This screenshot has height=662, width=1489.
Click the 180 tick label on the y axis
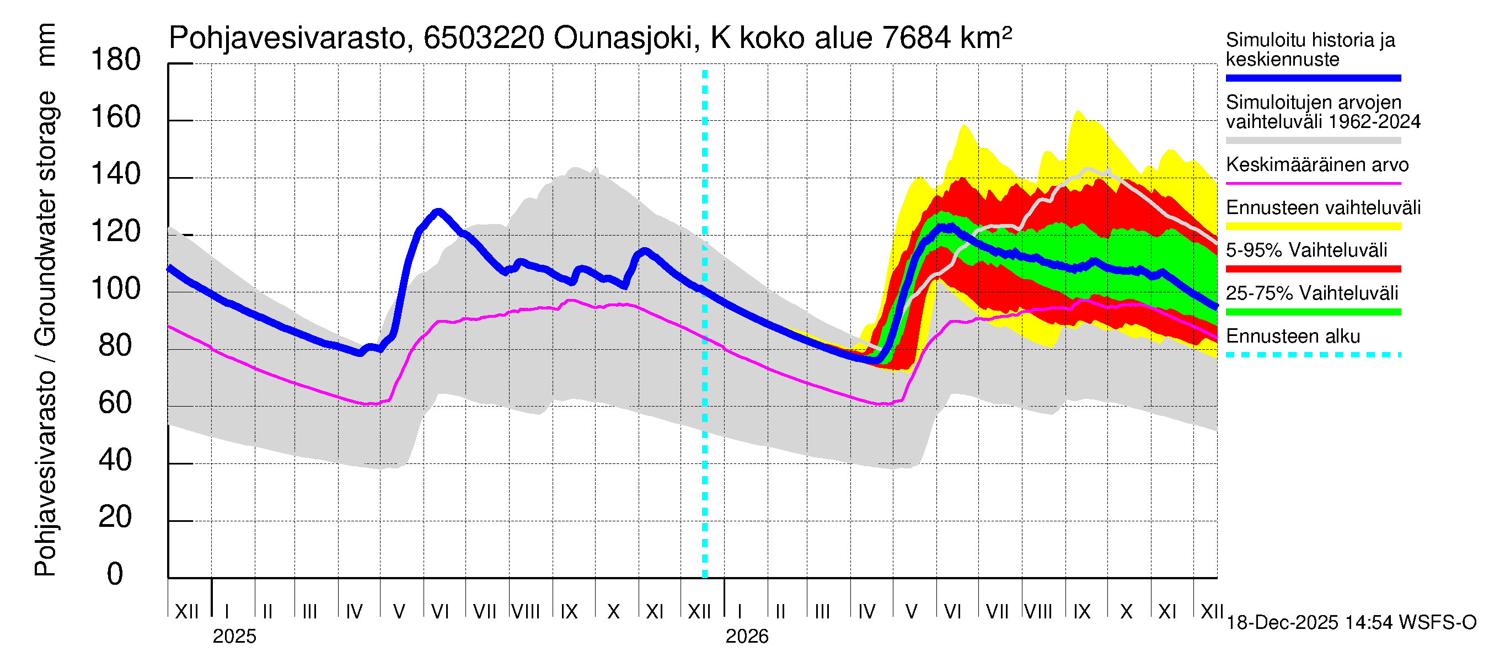tap(116, 60)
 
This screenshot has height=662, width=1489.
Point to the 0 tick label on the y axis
tap(115, 574)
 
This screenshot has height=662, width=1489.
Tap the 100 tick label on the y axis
tap(116, 288)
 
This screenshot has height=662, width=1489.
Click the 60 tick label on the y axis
tap(116, 402)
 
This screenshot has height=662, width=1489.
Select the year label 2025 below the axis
tap(234, 637)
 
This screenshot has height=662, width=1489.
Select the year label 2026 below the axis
tap(747, 637)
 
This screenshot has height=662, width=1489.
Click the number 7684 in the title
tap(916, 39)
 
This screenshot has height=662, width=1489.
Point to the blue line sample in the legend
tap(1313, 78)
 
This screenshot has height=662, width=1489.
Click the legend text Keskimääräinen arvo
tap(1317, 165)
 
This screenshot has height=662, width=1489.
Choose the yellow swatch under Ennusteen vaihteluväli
tap(1313, 226)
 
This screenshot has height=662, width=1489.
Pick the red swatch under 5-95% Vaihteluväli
tap(1313, 269)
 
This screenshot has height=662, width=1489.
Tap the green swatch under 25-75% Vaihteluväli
tap(1313, 312)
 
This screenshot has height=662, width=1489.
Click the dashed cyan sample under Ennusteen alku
tap(1313, 354)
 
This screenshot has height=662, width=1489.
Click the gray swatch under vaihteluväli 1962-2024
tap(1313, 141)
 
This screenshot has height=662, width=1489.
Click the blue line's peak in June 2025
tap(439, 212)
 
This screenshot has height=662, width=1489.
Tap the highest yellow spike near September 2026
tap(1078, 111)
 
